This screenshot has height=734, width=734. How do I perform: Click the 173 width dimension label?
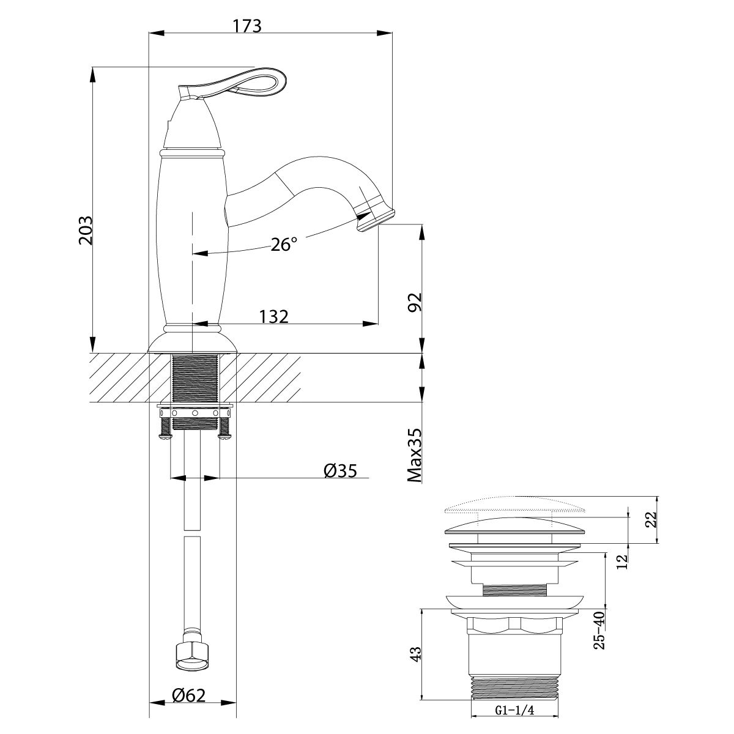coord(247,26)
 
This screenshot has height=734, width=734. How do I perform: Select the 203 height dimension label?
coord(85,230)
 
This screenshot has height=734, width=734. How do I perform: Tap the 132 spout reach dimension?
coord(273,316)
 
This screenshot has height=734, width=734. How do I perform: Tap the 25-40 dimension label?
coord(600,629)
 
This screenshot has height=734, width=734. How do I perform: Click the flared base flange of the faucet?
coord(192,342)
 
